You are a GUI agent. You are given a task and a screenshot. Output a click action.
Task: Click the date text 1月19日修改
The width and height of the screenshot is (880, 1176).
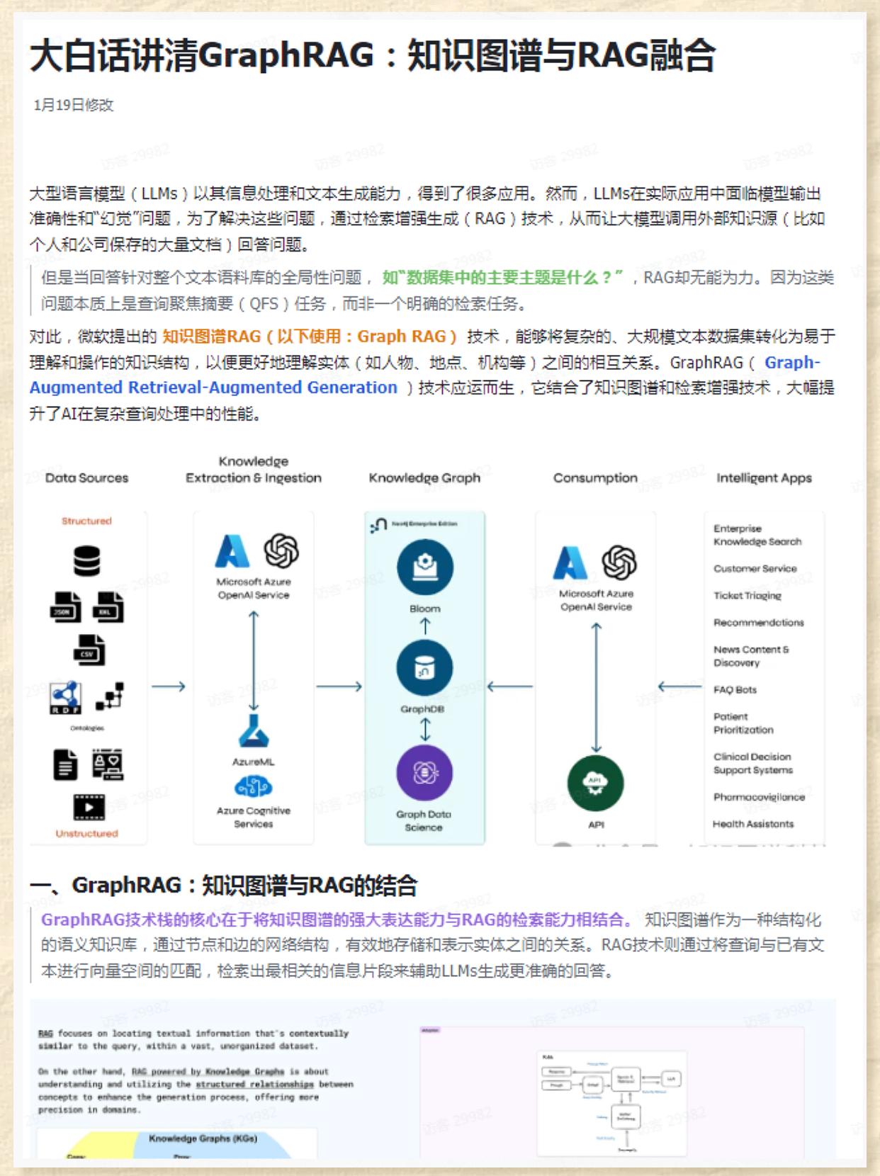point(74,105)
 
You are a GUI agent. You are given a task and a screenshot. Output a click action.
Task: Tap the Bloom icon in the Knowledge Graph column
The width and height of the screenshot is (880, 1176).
point(424,567)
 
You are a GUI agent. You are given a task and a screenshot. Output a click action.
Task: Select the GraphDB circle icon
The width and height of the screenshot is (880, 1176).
point(424,667)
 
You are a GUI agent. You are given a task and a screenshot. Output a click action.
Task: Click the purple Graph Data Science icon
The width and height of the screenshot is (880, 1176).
point(424,773)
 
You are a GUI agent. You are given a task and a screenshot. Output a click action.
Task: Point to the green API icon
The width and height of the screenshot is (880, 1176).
point(596,784)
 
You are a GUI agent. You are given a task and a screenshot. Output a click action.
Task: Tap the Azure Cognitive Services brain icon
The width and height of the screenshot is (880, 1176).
point(253,786)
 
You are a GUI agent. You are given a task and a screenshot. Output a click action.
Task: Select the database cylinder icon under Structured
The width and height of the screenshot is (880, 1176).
point(86,561)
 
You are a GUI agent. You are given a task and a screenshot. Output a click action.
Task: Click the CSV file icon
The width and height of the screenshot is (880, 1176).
point(89,650)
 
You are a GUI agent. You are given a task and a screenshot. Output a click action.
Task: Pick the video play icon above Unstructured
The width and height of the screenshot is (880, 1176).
point(89,807)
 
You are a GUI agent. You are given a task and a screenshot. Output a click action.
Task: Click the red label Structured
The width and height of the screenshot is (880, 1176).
point(86,521)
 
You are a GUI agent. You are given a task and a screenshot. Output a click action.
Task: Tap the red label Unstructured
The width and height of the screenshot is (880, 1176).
point(86,833)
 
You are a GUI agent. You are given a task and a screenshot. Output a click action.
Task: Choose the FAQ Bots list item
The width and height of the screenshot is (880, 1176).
point(735,689)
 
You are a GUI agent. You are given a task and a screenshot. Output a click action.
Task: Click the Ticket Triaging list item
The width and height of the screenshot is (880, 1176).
point(747,596)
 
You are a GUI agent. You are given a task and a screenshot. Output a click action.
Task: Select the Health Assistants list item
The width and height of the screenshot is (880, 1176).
point(752,824)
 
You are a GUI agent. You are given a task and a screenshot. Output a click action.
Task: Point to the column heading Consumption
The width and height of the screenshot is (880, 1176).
point(595,477)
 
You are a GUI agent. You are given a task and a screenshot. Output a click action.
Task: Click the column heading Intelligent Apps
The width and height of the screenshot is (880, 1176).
point(764,477)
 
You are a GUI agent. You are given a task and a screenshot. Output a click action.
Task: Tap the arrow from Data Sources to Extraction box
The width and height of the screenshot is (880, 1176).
point(169,686)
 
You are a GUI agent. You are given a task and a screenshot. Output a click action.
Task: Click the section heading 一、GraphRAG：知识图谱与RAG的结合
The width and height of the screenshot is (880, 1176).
point(223,885)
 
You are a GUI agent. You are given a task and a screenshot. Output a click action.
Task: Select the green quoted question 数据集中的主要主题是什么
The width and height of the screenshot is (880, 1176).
point(502,278)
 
